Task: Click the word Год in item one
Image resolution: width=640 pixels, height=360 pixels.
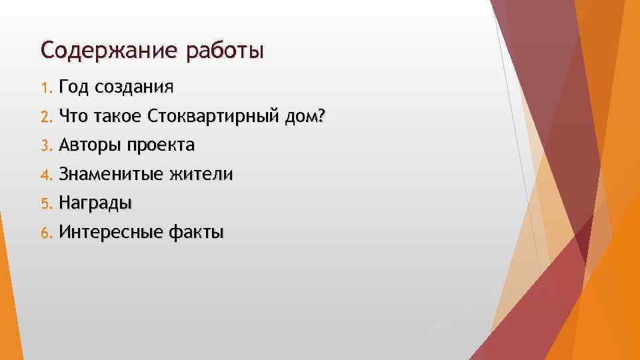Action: (74, 87)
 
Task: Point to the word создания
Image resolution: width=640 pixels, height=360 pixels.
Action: (135, 87)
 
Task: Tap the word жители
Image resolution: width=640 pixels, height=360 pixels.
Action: (202, 175)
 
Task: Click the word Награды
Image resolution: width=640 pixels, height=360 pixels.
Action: (95, 203)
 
